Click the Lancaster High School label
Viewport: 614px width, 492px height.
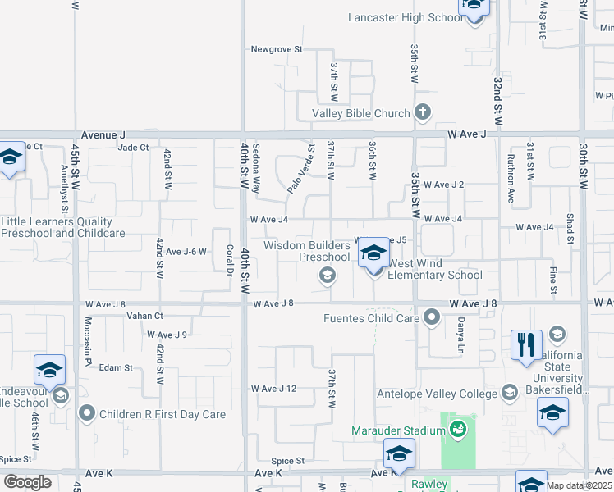click(x=406, y=17)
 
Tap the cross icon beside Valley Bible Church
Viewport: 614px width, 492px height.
click(x=423, y=113)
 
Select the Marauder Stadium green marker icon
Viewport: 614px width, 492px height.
click(x=458, y=428)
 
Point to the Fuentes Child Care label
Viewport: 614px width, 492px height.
click(x=370, y=318)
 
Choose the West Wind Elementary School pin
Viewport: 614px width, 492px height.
click(x=373, y=255)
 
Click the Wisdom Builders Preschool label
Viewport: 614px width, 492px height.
click(x=307, y=251)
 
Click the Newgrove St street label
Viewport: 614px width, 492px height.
click(x=277, y=49)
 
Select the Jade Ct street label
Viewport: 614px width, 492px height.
click(x=133, y=148)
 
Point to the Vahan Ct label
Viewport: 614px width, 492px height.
click(x=145, y=316)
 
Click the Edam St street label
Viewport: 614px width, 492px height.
click(x=116, y=368)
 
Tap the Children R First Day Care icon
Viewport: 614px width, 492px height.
click(x=85, y=413)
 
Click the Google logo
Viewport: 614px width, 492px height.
click(x=27, y=482)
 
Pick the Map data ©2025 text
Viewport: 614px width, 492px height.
click(x=580, y=485)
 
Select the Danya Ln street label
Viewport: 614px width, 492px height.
click(x=461, y=336)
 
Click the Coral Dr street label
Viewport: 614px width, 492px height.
click(x=231, y=261)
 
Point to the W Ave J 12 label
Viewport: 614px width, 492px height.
click(x=275, y=388)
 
